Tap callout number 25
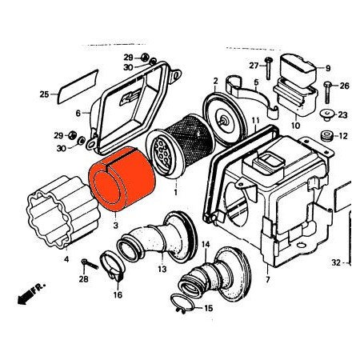point(44,95)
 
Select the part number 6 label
point(78,113)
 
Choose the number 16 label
point(118,295)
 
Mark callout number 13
point(162,270)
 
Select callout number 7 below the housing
point(267,280)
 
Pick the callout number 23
point(342,114)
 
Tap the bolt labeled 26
point(327,86)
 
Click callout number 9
point(327,68)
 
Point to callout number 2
point(215,82)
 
